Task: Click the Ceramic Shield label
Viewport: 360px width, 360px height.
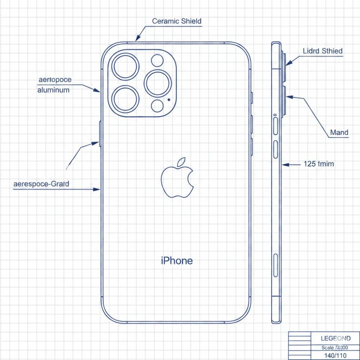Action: point(176,21)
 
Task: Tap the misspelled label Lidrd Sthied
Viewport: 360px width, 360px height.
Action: point(323,51)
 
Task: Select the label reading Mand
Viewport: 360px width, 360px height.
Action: point(339,132)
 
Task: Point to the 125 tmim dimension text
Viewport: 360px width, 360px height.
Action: point(319,164)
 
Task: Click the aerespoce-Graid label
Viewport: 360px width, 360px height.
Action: point(41,184)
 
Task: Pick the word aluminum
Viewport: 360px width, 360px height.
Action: point(53,90)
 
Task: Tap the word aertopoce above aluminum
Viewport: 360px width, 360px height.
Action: point(54,80)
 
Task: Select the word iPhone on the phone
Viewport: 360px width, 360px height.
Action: point(176,261)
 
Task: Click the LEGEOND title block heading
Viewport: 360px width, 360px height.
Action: point(336,338)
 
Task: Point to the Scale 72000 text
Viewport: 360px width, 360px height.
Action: point(335,348)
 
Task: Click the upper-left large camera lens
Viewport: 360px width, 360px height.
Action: point(126,67)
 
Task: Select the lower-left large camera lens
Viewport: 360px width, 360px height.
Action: point(126,99)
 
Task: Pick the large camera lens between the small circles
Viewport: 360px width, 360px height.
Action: point(158,84)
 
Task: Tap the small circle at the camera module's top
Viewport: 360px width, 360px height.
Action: point(157,60)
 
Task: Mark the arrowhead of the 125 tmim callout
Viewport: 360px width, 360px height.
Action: point(284,165)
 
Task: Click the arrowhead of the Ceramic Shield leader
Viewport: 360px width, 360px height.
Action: point(137,39)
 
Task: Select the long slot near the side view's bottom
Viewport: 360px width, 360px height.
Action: point(276,265)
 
